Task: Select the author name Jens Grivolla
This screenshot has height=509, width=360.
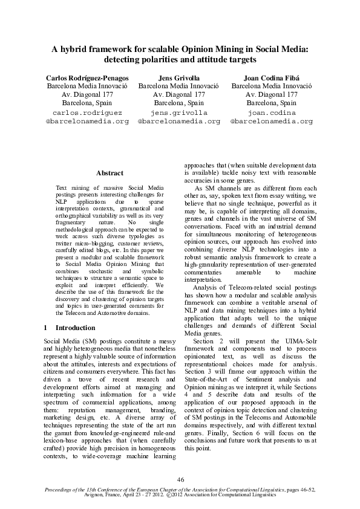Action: [x=179, y=79]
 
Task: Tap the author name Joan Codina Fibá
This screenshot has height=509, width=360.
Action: [x=272, y=79]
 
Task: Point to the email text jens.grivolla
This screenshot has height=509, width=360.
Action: [x=179, y=112]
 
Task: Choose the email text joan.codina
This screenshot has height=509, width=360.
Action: [x=272, y=112]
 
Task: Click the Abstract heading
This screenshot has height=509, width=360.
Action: [x=110, y=173]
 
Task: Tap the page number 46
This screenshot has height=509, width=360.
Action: [x=180, y=479]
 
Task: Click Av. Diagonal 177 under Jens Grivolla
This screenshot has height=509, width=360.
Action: [x=179, y=95]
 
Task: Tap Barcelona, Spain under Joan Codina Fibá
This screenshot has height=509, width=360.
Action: [x=272, y=103]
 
